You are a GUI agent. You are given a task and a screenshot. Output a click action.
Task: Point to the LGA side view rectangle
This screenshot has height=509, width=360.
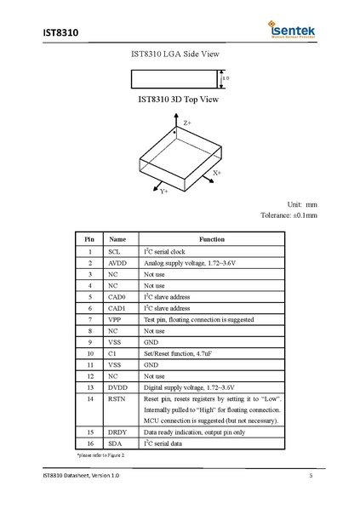176,78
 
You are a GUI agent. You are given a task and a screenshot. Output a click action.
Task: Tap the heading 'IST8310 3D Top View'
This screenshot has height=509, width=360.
179,100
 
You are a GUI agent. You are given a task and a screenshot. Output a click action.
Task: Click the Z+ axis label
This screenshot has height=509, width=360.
187,123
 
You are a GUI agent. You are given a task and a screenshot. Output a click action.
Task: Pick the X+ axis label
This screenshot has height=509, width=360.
217,173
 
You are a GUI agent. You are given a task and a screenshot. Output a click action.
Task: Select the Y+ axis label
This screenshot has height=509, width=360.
164,192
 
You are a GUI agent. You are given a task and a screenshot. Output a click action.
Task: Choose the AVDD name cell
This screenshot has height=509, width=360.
118,263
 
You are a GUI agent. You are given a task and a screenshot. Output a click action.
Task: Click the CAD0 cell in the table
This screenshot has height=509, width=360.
118,296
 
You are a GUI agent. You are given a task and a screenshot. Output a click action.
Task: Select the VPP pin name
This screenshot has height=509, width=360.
117,318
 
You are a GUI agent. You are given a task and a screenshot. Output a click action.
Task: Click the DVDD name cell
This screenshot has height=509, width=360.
118,386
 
